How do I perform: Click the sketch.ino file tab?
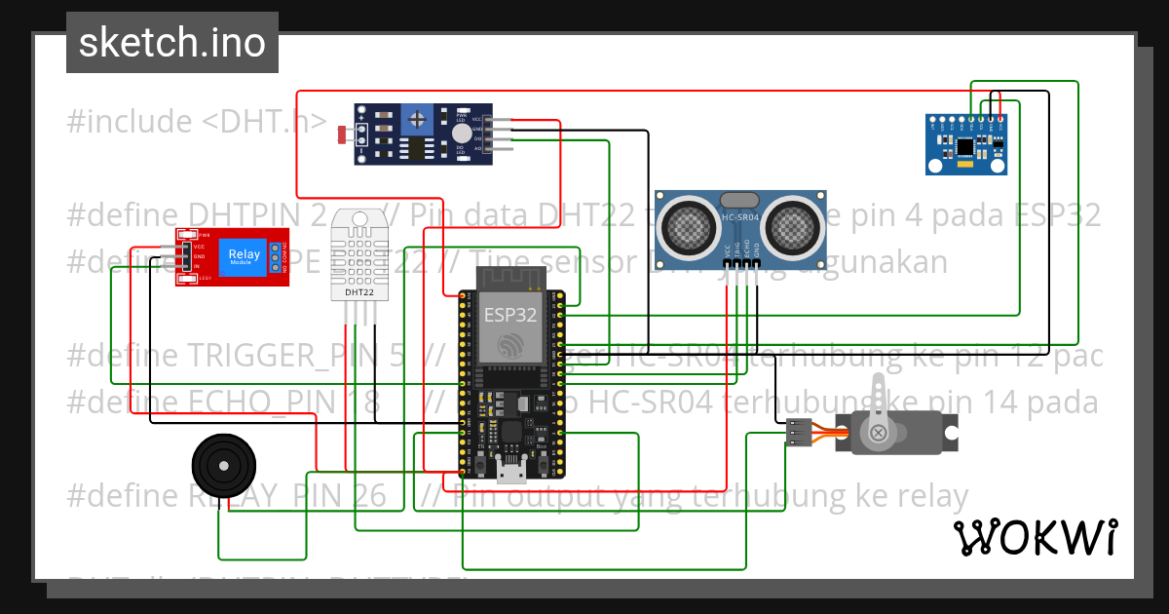point(171,43)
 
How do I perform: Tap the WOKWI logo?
point(1035,537)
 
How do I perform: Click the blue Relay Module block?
point(244,257)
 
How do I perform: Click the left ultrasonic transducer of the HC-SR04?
point(691,226)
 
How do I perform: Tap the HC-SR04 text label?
point(743,217)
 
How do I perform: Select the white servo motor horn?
point(879,409)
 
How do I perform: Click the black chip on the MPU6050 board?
point(964,147)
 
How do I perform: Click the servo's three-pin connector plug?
point(799,431)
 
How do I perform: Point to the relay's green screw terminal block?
point(276,257)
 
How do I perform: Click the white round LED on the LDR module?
point(461,134)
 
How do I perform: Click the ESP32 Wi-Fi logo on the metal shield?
point(508,345)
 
